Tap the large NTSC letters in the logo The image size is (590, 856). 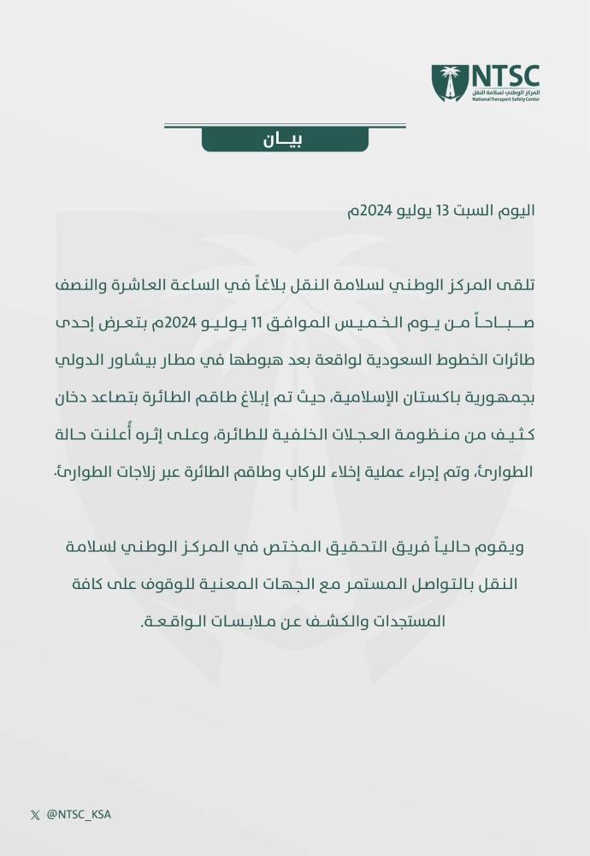click(x=506, y=74)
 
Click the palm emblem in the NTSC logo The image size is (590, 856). click(x=448, y=83)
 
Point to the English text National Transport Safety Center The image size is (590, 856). click(x=505, y=99)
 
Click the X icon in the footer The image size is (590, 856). click(x=34, y=815)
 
